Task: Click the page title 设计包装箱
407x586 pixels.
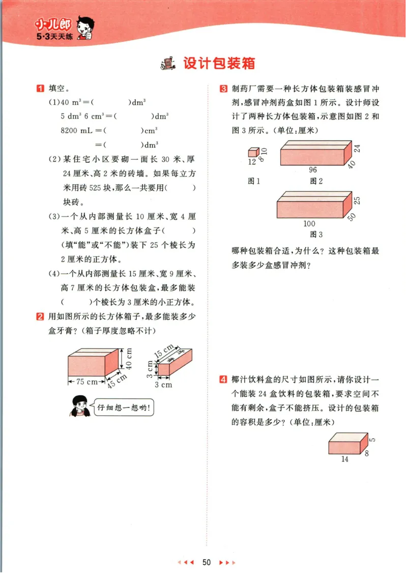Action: pos(219,64)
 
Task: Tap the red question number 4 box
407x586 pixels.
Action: pos(223,379)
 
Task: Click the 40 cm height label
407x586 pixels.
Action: pos(129,359)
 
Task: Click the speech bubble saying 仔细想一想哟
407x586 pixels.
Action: pos(125,407)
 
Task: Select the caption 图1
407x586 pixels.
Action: pos(253,181)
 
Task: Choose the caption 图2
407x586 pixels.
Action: pos(316,181)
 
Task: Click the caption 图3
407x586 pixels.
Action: pos(316,235)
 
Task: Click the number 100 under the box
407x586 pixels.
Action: pos(309,223)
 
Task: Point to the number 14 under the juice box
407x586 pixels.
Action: pos(345,459)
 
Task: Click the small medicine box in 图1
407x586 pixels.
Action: pos(253,152)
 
